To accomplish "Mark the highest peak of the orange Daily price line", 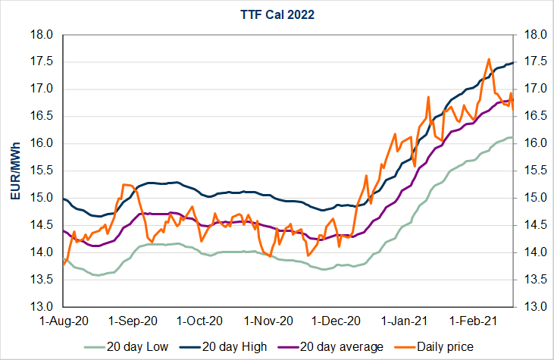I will coord(489,59).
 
